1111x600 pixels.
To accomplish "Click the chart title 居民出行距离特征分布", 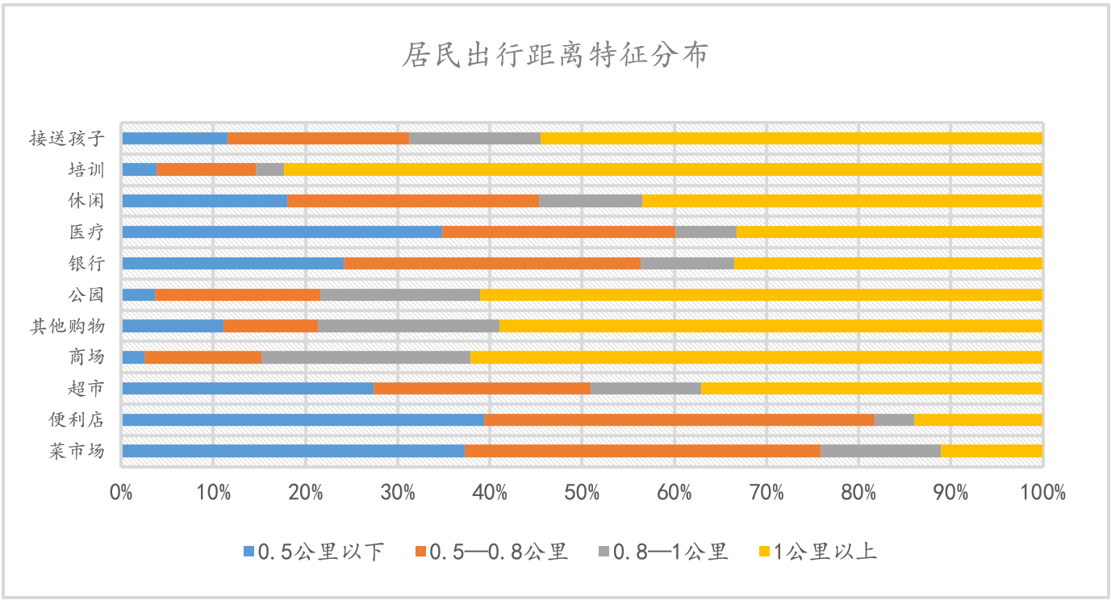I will point(555,56).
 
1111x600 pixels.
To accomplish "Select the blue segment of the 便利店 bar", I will point(303,419).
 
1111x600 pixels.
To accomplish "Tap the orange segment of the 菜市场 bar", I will point(642,451).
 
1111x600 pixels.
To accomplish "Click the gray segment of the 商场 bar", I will point(365,357).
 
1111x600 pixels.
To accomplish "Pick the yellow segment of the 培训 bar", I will point(662,169).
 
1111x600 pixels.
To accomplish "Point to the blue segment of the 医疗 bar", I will point(282,232).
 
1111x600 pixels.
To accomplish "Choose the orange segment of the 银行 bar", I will point(491,263).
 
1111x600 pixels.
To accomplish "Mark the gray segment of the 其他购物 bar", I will point(408,326).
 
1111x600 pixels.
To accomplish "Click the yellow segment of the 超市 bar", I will point(871,388).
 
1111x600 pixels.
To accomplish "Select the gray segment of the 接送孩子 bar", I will point(474,138).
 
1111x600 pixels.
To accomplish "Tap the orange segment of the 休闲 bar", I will point(412,201).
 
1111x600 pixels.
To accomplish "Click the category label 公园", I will point(86,294).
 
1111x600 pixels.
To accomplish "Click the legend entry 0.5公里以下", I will point(315,552).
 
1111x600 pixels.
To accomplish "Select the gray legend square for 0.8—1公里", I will point(604,552).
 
